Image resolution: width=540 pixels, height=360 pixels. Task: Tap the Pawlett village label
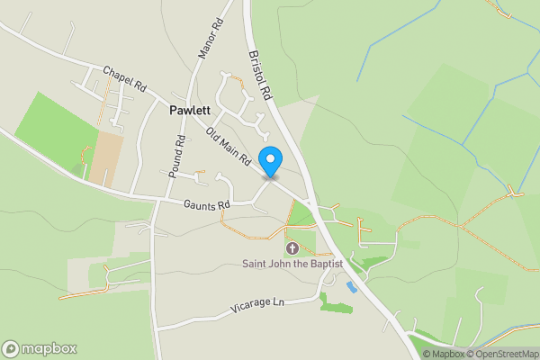click(x=190, y=111)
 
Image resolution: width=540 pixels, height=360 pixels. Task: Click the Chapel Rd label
click(x=124, y=78)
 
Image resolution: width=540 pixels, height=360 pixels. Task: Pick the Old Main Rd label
click(x=229, y=146)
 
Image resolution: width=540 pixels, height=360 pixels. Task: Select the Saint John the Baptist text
click(x=292, y=264)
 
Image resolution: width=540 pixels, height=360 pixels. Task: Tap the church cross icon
click(x=292, y=247)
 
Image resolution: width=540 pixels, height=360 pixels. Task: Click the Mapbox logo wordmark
click(x=49, y=348)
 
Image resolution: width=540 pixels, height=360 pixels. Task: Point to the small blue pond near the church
click(x=351, y=286)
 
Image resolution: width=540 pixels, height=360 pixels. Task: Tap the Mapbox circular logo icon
click(x=11, y=348)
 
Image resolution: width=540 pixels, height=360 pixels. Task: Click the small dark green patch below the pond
click(x=336, y=308)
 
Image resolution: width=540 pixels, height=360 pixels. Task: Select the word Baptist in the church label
click(x=326, y=264)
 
